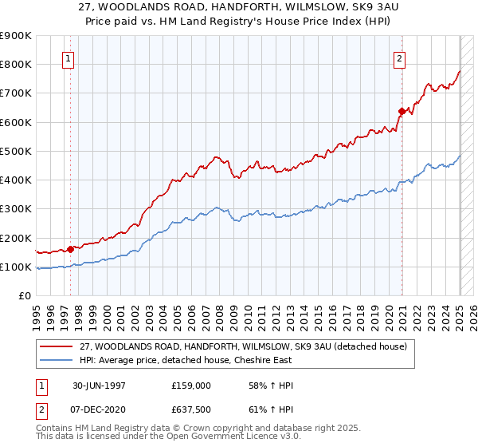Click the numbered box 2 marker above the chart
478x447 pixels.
coord(398,57)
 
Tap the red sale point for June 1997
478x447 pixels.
coord(71,248)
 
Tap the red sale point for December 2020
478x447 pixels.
coord(402,111)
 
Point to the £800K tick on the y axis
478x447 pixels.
coord(16,64)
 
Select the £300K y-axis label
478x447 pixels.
coord(16,208)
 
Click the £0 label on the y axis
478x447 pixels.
coord(25,295)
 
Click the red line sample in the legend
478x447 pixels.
coord(57,346)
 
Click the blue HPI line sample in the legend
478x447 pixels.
coord(57,359)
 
